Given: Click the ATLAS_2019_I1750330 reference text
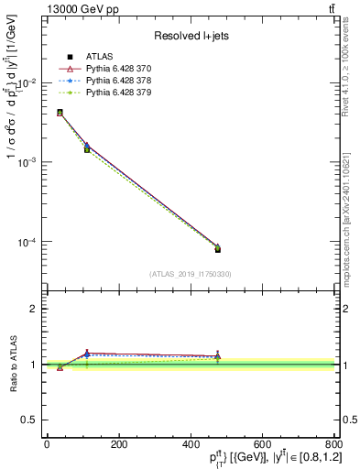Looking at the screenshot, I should [190, 274].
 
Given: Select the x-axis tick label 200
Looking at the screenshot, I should [118, 445].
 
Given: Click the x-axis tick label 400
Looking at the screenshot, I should [190, 445].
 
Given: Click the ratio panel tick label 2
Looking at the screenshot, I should [34, 309].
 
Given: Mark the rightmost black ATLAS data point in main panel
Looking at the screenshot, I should [217, 249].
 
